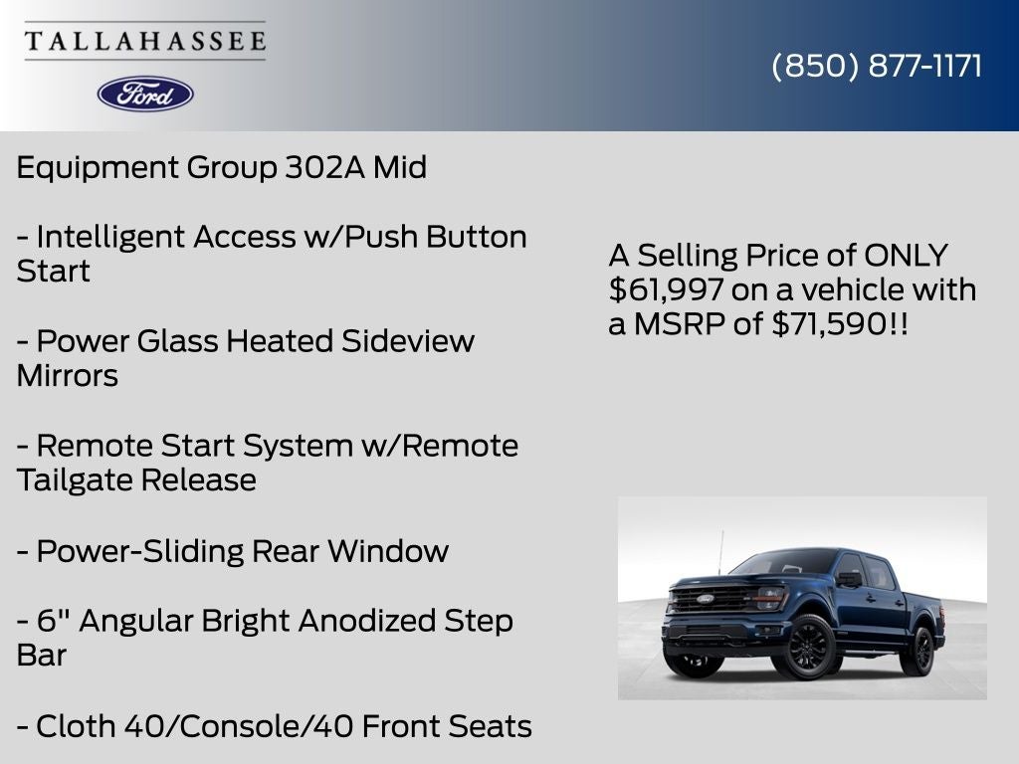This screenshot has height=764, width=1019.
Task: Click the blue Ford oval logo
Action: pos(145,94)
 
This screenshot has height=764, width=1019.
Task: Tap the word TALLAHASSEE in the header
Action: pos(145,42)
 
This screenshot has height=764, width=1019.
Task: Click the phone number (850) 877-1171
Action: pos(877,66)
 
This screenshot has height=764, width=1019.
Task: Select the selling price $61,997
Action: pos(666,289)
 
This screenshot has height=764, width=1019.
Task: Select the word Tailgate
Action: pos(75,479)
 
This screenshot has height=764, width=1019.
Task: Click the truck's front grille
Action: pos(711,599)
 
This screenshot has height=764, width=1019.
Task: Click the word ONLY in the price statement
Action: pos(906,256)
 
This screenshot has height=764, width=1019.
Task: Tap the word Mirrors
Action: pos(67,376)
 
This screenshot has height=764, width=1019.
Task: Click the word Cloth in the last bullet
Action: pos(76,726)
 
